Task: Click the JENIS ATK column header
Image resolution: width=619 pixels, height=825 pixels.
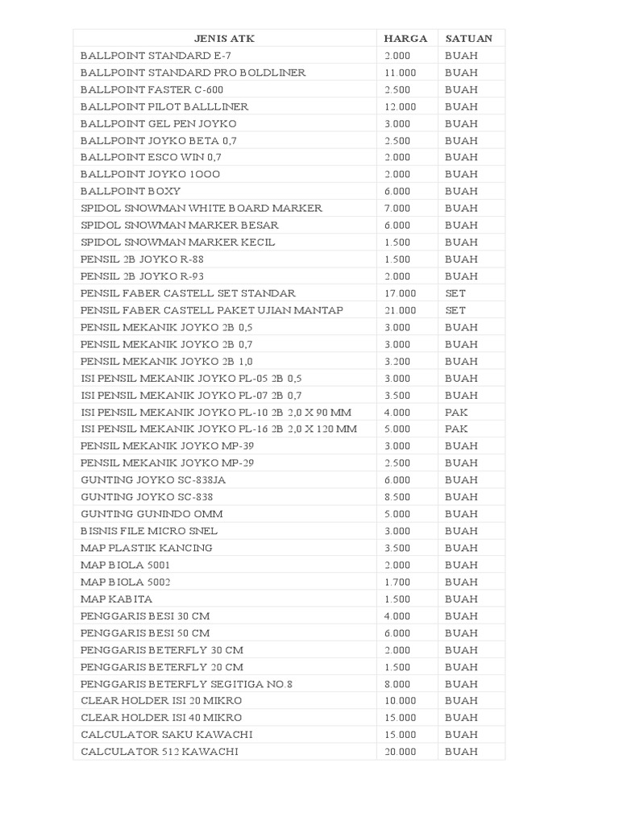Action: click(224, 38)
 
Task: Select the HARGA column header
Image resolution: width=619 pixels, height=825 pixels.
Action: click(405, 38)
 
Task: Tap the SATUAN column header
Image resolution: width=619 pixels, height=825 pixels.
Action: click(468, 38)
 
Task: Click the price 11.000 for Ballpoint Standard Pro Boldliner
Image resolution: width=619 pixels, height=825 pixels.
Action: click(401, 73)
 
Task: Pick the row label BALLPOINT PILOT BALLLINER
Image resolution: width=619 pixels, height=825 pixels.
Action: click(164, 106)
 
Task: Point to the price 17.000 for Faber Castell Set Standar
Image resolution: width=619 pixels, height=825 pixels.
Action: click(401, 293)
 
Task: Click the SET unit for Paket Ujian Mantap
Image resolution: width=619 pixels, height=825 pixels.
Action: click(455, 310)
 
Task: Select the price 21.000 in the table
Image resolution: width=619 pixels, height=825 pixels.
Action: click(401, 310)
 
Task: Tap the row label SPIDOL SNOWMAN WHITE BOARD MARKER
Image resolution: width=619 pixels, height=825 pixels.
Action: click(201, 208)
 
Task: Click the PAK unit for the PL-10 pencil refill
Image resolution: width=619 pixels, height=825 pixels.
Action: click(456, 412)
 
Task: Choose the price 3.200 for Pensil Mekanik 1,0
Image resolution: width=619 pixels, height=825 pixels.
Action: click(397, 361)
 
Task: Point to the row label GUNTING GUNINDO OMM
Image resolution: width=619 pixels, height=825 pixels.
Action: click(152, 514)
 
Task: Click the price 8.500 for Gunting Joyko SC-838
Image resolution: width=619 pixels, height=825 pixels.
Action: click(397, 497)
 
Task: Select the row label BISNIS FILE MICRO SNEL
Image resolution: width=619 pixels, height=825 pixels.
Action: click(149, 531)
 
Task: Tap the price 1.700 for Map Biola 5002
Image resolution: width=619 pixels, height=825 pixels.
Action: click(397, 582)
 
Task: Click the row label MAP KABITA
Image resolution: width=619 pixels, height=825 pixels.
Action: click(116, 599)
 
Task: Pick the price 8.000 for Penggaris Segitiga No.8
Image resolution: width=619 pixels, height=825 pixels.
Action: click(397, 684)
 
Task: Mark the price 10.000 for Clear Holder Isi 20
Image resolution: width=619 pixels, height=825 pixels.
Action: click(401, 701)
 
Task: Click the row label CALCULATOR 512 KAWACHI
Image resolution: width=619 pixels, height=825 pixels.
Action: click(159, 752)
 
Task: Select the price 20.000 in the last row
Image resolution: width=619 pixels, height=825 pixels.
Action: click(401, 752)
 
